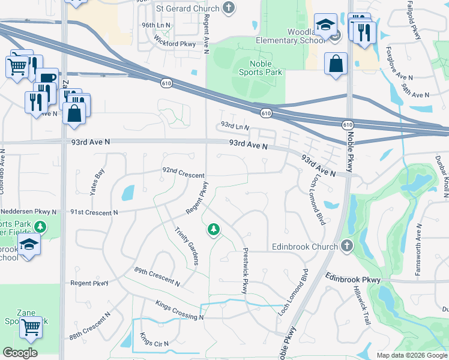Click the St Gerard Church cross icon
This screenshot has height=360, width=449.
click(x=228, y=8)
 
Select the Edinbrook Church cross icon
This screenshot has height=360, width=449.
click(x=346, y=246)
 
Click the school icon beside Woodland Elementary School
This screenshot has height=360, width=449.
click(x=325, y=26)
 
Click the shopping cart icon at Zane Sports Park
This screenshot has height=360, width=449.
click(x=31, y=328)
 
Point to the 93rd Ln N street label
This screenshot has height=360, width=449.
click(x=235, y=127)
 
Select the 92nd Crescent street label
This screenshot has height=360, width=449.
click(x=183, y=173)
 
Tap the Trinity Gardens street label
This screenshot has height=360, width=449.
click(x=186, y=247)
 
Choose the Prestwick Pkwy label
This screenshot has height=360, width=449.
click(x=245, y=271)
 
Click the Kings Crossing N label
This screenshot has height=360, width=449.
click(x=179, y=310)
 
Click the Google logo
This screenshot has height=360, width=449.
click(x=20, y=353)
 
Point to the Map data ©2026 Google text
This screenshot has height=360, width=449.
click(x=411, y=355)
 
